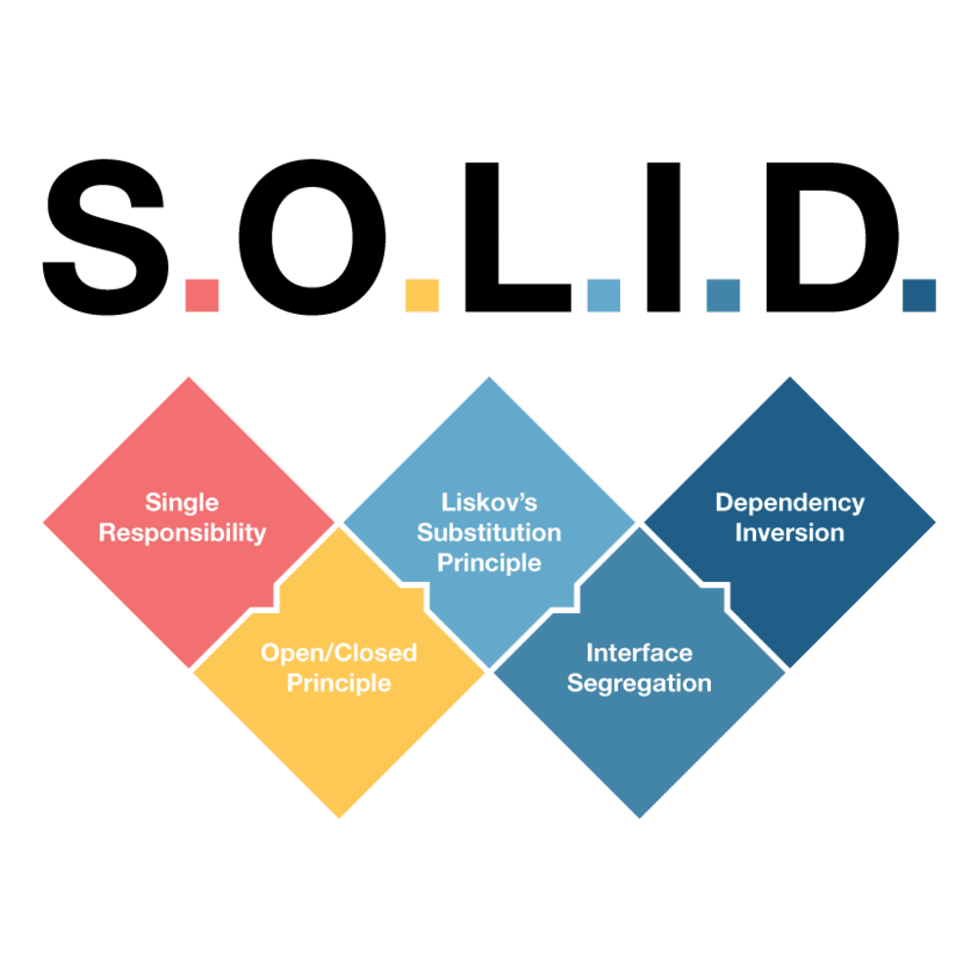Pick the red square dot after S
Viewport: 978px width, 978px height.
point(202,295)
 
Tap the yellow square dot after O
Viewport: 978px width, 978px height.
point(422,295)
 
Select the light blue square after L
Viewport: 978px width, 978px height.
point(603,295)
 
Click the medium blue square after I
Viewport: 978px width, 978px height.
point(723,295)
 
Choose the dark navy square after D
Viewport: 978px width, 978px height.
point(918,295)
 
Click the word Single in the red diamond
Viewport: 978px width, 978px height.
point(182,503)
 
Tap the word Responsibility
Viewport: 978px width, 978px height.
point(182,533)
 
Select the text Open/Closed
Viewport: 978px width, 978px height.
point(338,652)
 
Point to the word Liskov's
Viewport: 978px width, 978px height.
point(489,503)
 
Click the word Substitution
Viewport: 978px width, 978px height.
point(489,533)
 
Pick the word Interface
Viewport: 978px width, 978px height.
point(639,652)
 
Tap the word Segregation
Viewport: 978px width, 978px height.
point(639,683)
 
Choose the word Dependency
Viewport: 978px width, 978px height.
point(789,503)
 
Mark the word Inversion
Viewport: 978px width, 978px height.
point(789,533)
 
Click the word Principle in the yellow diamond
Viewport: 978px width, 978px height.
point(338,683)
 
